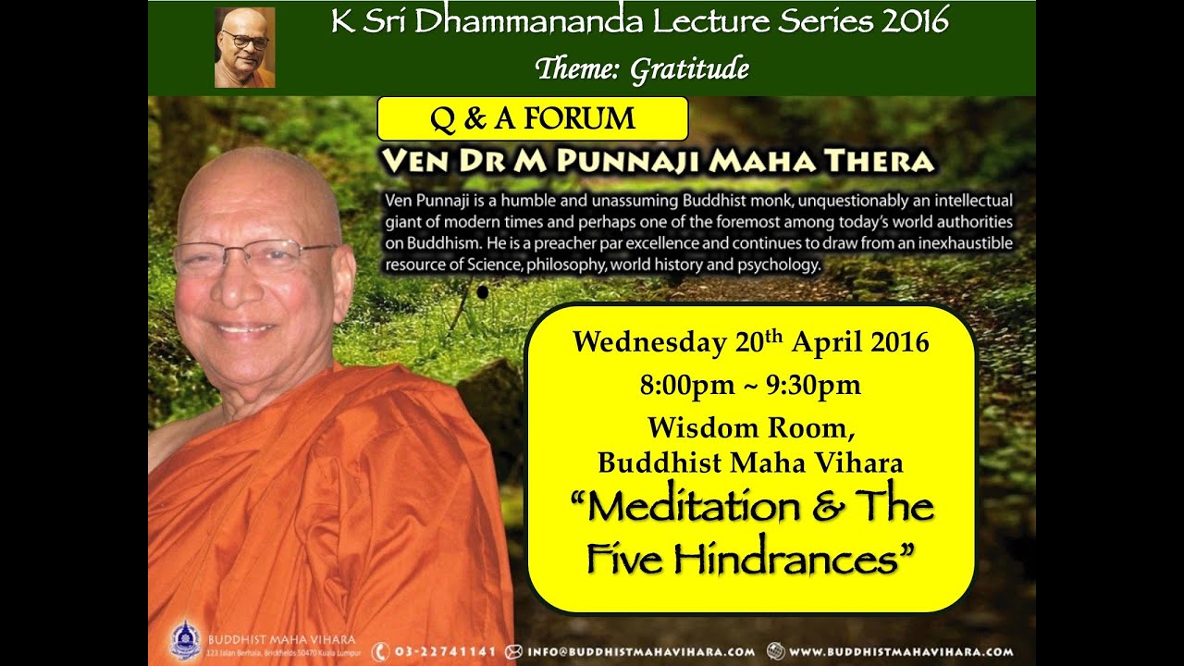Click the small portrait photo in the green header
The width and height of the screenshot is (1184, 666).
pos(245,47)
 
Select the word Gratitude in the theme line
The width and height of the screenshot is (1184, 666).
pos(690,69)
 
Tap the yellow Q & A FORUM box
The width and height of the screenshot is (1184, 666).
pos(533,118)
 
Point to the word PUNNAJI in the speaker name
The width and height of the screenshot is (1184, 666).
pos(628,161)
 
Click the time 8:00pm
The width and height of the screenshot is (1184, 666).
pos(686,385)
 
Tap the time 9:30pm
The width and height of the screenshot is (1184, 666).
pos(813,385)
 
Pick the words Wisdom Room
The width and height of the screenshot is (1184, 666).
pos(751,427)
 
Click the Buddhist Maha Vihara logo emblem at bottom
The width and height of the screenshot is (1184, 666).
pos(185,641)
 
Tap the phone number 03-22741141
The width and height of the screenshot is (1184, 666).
pos(445,652)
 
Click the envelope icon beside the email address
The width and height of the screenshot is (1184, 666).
pos(513,652)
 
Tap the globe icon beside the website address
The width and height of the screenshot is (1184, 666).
pos(775,651)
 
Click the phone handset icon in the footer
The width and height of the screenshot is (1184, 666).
pos(380,652)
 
